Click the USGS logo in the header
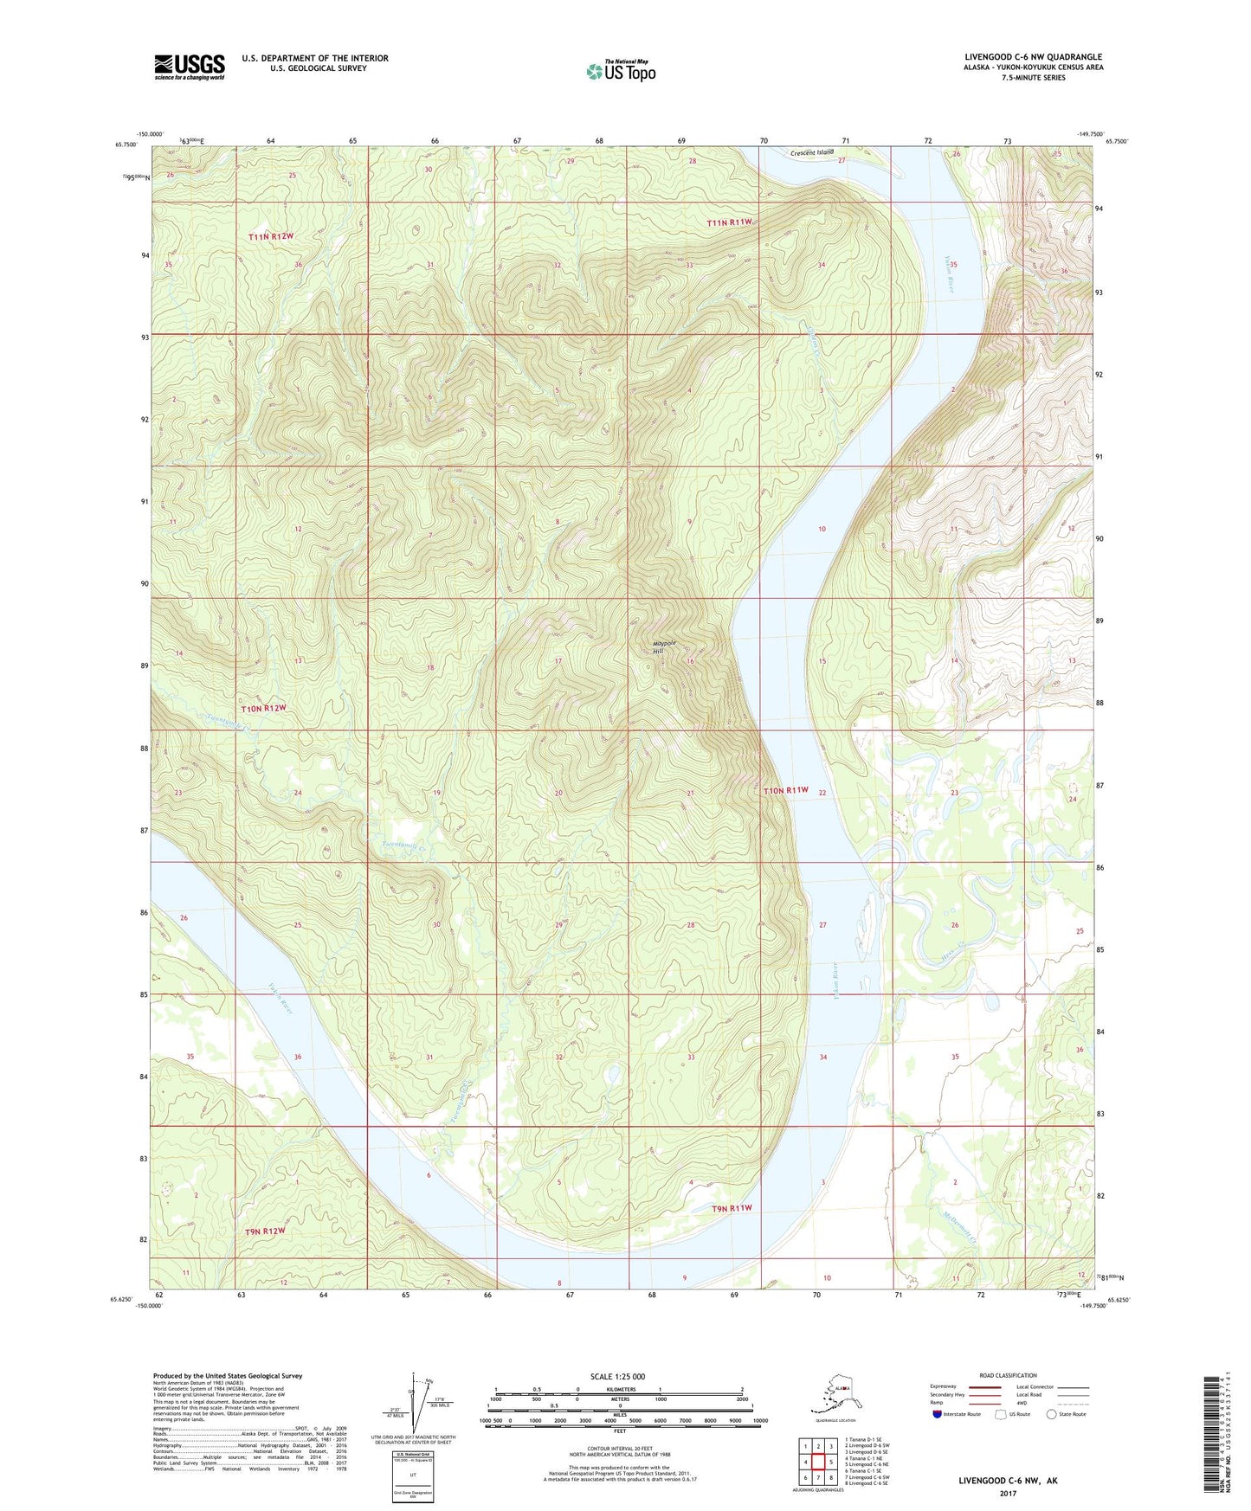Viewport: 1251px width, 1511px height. click(x=190, y=67)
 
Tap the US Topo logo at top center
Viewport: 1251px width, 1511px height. click(x=620, y=70)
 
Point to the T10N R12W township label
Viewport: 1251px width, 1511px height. click(x=263, y=708)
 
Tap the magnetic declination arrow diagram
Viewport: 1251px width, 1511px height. click(x=422, y=1405)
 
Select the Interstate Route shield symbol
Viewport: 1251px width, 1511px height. click(x=937, y=1415)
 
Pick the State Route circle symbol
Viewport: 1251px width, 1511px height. click(x=1052, y=1415)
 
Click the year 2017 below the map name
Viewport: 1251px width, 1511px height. click(x=1008, y=1493)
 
